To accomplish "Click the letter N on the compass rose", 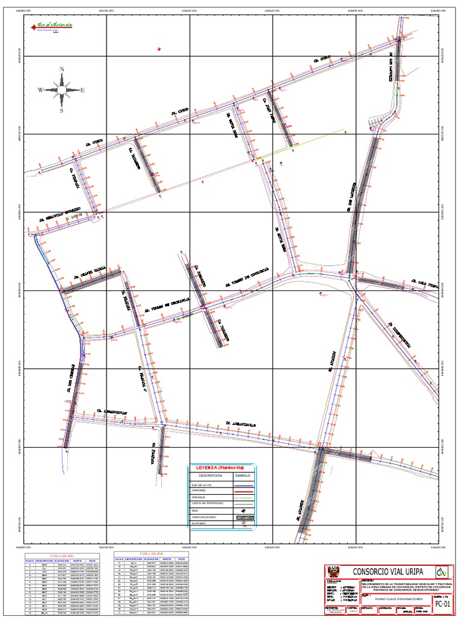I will pyautogui.click(x=61, y=70).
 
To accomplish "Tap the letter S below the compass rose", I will pyautogui.click(x=61, y=111).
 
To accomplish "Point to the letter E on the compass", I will pyautogui.click(x=82, y=90).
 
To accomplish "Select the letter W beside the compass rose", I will pyautogui.click(x=40, y=90).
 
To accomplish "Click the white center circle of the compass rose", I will pyautogui.click(x=61, y=90).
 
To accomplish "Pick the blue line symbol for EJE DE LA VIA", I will pyautogui.click(x=244, y=484).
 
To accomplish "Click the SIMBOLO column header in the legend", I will pyautogui.click(x=244, y=475).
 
